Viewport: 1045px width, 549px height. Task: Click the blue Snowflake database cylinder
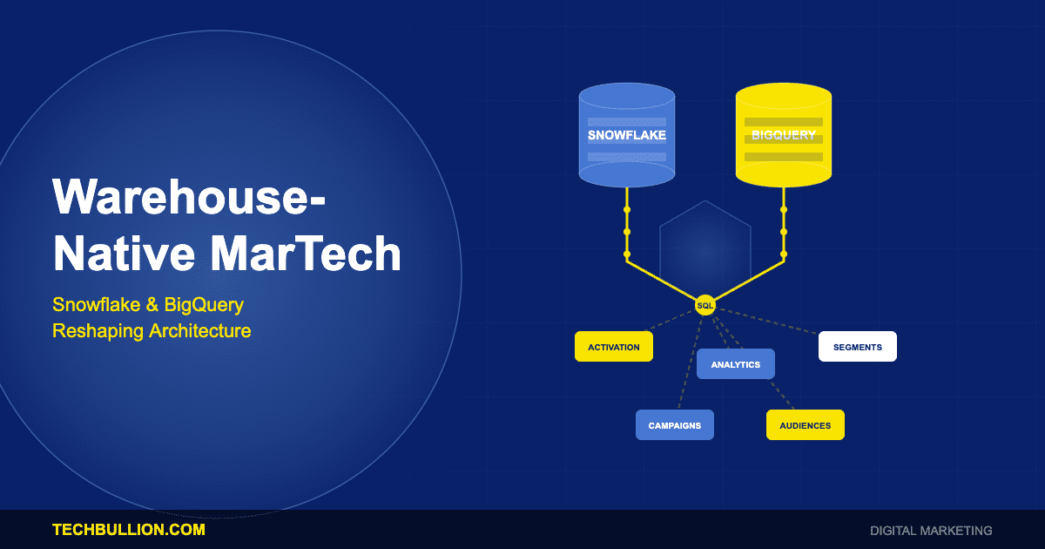[626, 135]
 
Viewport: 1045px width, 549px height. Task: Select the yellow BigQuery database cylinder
[783, 135]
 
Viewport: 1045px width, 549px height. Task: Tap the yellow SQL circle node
[705, 305]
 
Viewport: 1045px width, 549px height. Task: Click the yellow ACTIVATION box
[613, 347]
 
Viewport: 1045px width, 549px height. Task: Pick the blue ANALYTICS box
[735, 364]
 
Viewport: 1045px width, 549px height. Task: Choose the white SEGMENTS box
[857, 347]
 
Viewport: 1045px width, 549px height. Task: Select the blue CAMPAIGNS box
[674, 425]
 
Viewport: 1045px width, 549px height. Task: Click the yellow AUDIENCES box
[805, 425]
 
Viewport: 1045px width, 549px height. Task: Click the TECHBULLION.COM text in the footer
[129, 530]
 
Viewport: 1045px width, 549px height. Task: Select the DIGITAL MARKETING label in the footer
[931, 530]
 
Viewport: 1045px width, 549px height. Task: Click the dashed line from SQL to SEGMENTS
[766, 320]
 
